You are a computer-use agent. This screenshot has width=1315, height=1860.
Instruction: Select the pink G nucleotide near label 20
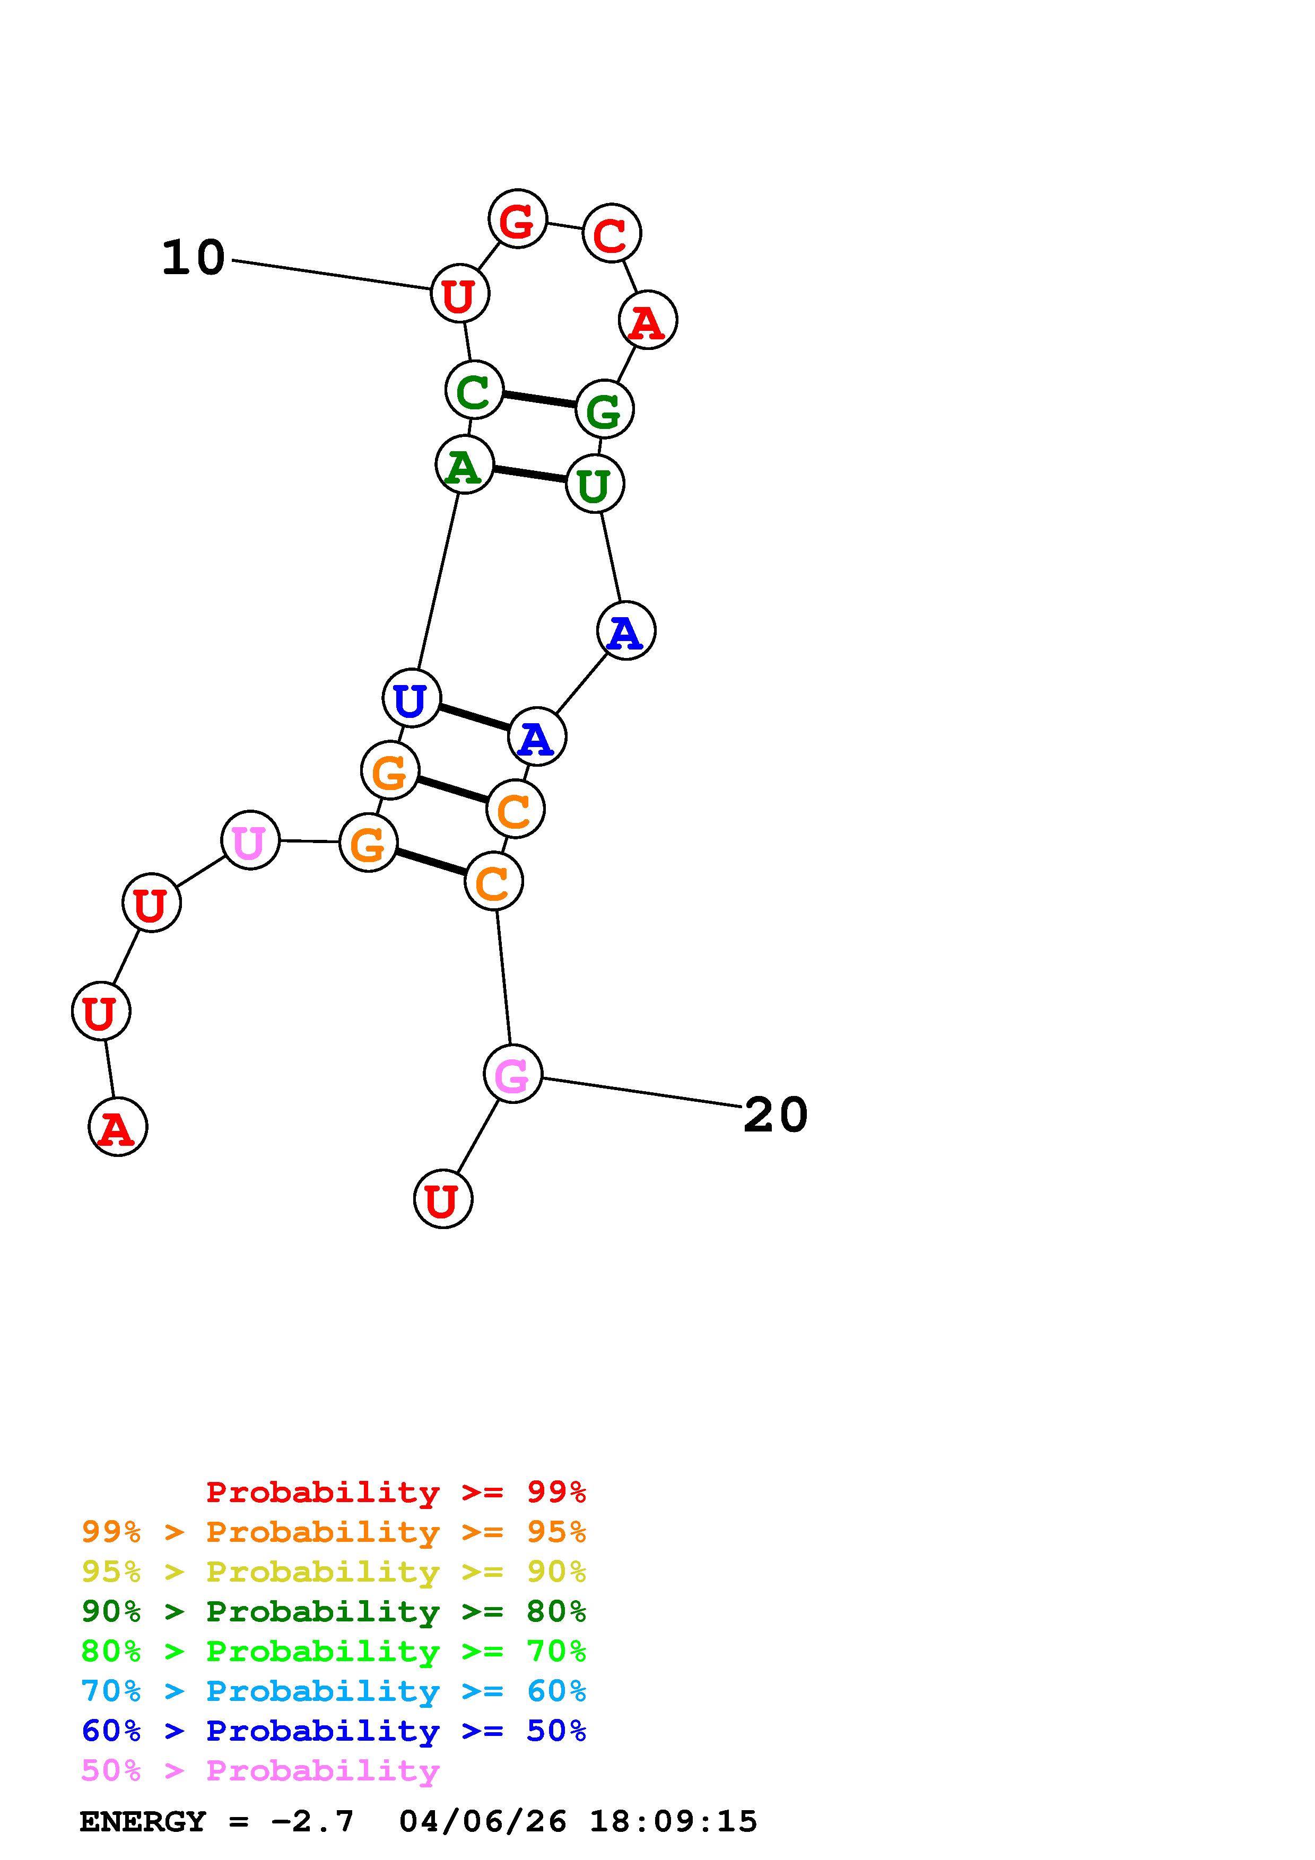[x=512, y=1074]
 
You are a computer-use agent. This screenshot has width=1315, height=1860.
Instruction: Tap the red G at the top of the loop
[x=517, y=219]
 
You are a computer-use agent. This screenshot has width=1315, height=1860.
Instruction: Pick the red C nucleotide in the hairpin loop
[x=612, y=233]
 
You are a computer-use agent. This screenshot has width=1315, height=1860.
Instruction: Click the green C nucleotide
[x=474, y=390]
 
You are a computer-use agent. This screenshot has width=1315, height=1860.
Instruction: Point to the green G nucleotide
[x=604, y=409]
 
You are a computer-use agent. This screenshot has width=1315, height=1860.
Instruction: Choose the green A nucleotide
[x=464, y=464]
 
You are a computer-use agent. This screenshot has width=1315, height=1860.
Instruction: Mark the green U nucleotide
[x=595, y=485]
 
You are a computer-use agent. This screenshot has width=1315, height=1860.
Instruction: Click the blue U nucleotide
[x=411, y=698]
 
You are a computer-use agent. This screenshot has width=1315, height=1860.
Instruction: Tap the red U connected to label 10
[x=459, y=293]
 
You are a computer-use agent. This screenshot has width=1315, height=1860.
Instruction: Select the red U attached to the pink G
[x=442, y=1199]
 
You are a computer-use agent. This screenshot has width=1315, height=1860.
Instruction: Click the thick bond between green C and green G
[x=539, y=399]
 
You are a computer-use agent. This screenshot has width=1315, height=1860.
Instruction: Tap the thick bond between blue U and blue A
[x=474, y=717]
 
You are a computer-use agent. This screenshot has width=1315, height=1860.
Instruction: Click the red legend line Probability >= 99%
[x=396, y=1492]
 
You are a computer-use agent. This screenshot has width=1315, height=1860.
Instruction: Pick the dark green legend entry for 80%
[x=334, y=1611]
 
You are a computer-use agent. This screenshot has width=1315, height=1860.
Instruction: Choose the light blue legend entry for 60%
[x=334, y=1691]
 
